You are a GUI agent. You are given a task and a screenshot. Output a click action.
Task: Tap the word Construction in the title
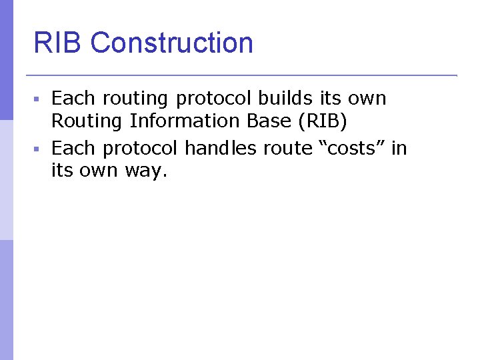pos(171,43)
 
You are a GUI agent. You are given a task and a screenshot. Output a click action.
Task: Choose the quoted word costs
pos(352,148)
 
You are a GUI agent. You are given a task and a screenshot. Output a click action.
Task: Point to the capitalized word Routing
pos(87,122)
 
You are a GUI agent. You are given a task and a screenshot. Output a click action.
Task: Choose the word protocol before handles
pos(140,148)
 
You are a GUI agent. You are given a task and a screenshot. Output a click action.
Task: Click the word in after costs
pos(399,147)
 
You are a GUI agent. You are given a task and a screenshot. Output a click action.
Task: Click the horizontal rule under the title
pos(240,75)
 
